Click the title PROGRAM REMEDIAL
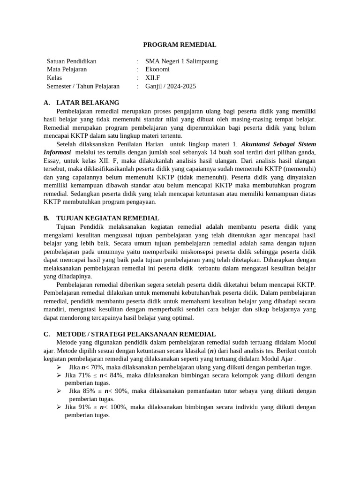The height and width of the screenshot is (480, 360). point(180,45)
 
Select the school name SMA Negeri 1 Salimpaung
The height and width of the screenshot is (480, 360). point(181,61)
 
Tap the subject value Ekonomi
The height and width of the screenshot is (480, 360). point(157,69)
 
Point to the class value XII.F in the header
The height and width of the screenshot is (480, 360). point(153,78)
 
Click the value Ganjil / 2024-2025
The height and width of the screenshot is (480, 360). point(171,86)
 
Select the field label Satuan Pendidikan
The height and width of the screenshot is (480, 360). point(72,61)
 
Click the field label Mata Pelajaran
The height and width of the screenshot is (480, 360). point(67,69)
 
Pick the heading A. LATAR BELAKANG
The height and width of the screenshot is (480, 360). point(81,103)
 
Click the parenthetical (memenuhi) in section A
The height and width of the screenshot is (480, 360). point(300,169)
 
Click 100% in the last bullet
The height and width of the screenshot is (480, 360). point(118,407)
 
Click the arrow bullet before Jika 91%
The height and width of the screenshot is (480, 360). point(59,407)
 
